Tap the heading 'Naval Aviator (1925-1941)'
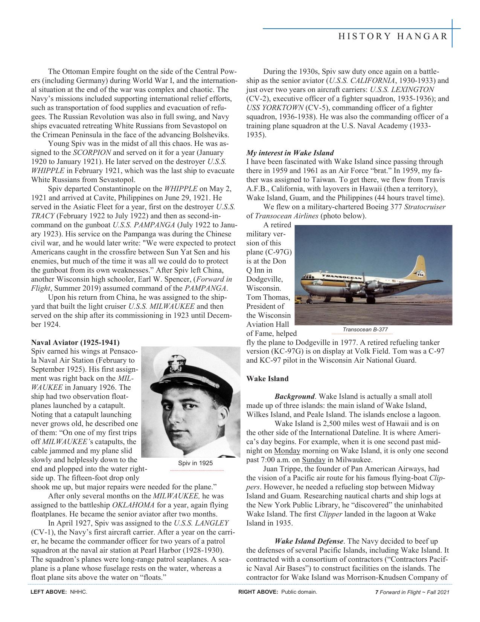coord(75,342)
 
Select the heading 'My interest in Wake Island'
coord(290,153)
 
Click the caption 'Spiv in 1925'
coord(195,463)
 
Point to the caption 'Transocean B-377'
coord(365,329)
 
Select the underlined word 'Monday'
coord(287,451)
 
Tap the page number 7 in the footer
coord(376,592)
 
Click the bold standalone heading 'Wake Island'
coord(267,378)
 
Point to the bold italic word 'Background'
coord(294,397)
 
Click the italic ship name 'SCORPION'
coord(92,153)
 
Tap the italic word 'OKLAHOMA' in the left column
coord(133,505)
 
